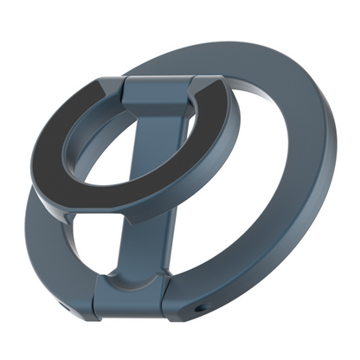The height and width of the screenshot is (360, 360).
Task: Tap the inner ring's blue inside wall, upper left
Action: pos(95,130)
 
